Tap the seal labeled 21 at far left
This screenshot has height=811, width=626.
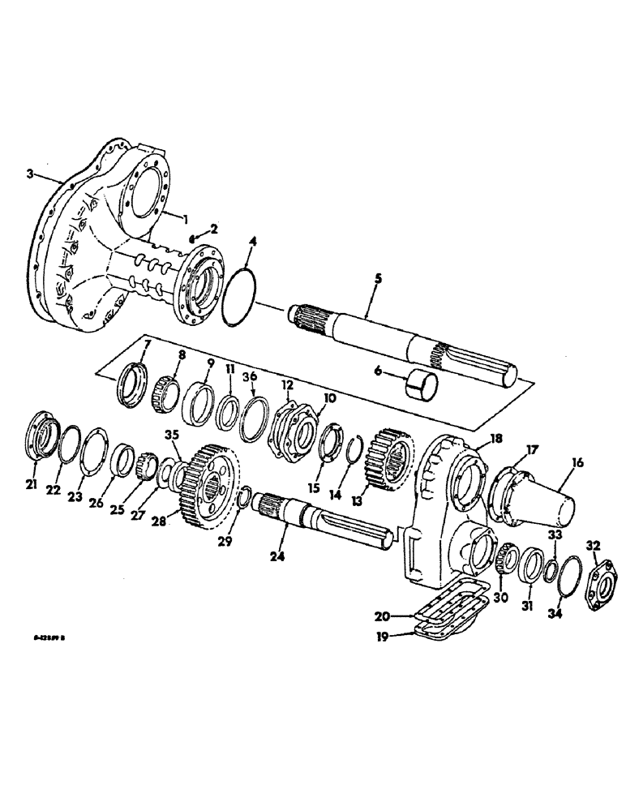pyautogui.click(x=41, y=436)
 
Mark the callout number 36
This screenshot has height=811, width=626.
pyautogui.click(x=251, y=376)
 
